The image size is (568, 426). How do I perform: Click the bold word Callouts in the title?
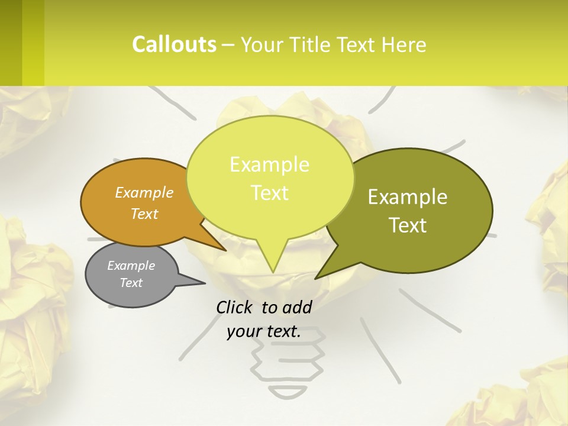coord(174,44)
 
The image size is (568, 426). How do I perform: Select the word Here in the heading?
coord(404,44)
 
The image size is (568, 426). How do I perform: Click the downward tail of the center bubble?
coord(272,260)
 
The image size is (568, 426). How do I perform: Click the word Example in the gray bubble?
coord(131,266)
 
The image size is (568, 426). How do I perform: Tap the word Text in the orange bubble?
coord(144,214)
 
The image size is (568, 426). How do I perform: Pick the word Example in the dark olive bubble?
coord(408,197)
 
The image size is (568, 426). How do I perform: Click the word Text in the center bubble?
coord(270,193)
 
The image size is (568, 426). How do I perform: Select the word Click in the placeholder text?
coord(235,307)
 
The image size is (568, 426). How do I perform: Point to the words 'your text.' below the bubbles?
coord(264,331)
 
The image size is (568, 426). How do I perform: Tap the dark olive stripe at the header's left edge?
coord(11,43)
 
